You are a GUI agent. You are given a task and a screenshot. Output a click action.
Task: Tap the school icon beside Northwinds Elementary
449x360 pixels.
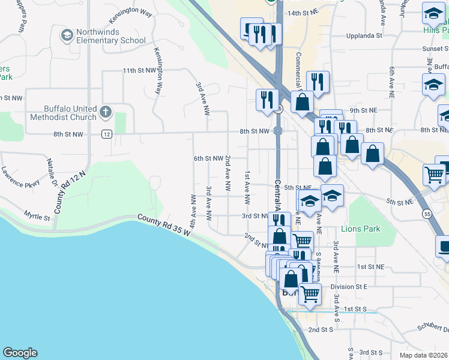66,36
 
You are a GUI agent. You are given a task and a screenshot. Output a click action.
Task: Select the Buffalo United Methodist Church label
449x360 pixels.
62,113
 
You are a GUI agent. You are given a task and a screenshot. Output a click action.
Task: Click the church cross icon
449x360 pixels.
106,112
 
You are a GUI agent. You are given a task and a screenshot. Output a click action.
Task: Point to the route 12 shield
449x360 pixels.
106,134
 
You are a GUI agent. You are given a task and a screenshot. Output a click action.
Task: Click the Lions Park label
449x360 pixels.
360,229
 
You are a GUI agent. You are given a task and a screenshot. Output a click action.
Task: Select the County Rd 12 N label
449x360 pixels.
70,191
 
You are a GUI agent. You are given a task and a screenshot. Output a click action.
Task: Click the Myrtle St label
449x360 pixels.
36,214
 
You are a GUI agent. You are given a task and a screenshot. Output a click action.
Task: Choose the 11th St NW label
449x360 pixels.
138,71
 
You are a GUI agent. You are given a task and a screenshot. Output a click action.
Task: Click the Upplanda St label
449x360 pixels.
364,36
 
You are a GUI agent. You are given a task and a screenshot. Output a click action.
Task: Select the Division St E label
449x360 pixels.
348,287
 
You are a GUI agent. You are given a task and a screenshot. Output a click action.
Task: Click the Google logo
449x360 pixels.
20,353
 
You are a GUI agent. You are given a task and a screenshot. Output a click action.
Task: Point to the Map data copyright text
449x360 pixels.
423,355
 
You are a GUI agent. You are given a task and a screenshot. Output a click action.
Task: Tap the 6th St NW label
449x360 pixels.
208,158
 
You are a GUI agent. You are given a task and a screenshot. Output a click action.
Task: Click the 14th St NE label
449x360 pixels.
302,13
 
